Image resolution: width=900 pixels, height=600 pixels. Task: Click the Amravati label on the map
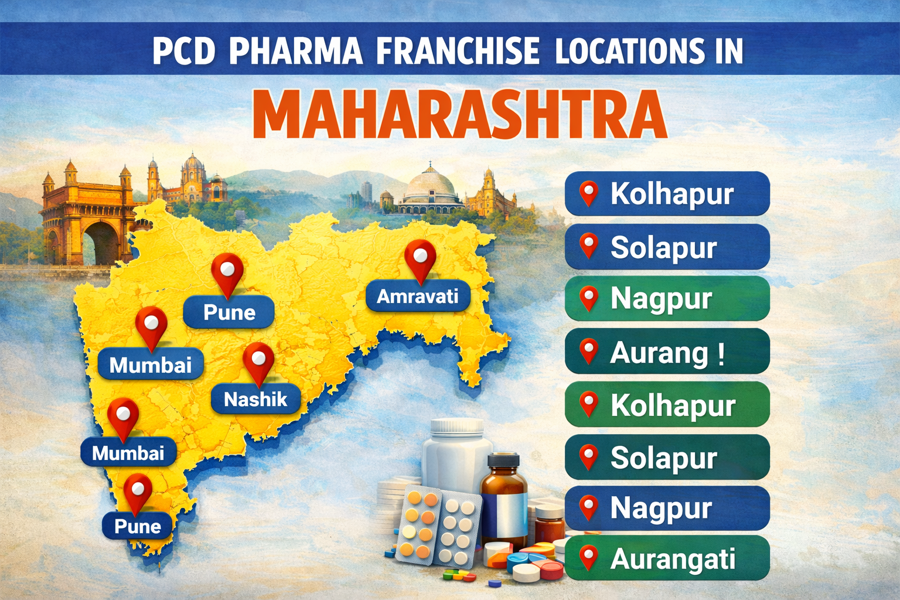pyautogui.click(x=418, y=296)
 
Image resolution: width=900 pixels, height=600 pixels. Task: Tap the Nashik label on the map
pyautogui.click(x=255, y=400)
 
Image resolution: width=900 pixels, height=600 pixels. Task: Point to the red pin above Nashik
pyautogui.click(x=258, y=360)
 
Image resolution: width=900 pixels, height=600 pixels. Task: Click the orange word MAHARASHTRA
pyautogui.click(x=461, y=114)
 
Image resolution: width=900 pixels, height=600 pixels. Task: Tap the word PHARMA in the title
pyautogui.click(x=296, y=51)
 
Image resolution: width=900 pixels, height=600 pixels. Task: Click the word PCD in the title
pyautogui.click(x=184, y=51)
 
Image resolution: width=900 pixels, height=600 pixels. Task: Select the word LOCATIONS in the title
pyautogui.click(x=630, y=51)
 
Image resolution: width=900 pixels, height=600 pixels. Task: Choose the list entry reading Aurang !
pyautogui.click(x=667, y=352)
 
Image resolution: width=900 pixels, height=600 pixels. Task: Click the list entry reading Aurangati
pyautogui.click(x=667, y=558)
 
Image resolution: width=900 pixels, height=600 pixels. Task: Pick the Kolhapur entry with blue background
pyautogui.click(x=667, y=194)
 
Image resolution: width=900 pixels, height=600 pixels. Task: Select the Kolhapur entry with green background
pyautogui.click(x=667, y=405)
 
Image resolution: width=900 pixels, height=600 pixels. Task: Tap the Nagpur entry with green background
pyautogui.click(x=667, y=298)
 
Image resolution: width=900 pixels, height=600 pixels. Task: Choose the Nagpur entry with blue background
pyautogui.click(x=667, y=508)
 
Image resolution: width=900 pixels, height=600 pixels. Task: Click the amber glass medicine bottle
pyautogui.click(x=504, y=498)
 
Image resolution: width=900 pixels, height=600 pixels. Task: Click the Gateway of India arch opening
pyautogui.click(x=101, y=243)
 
